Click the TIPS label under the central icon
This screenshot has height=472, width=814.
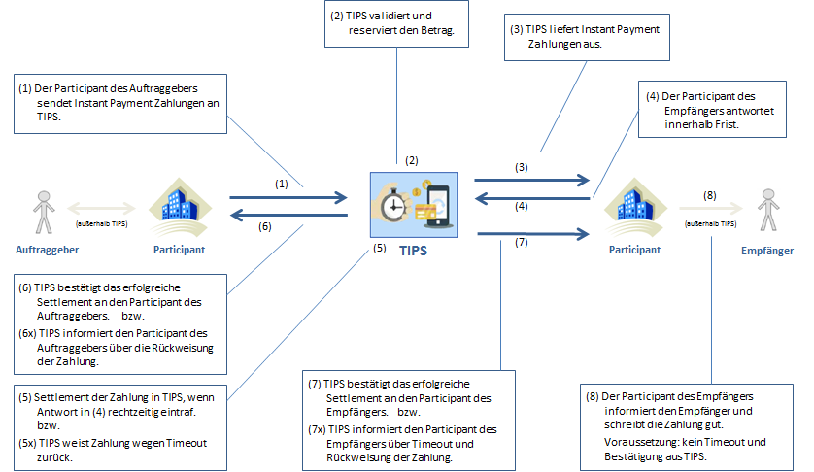413,251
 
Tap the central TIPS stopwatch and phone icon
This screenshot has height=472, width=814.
412,205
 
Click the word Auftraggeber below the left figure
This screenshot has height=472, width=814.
46,250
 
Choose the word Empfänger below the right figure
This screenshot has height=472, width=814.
772,250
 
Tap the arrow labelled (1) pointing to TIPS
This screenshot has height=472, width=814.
288,196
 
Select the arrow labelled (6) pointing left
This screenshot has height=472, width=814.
288,215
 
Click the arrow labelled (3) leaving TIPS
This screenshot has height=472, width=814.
532,180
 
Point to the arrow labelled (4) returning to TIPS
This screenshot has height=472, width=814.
532,197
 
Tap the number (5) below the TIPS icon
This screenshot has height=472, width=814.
379,248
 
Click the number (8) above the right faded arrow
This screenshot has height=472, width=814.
710,195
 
